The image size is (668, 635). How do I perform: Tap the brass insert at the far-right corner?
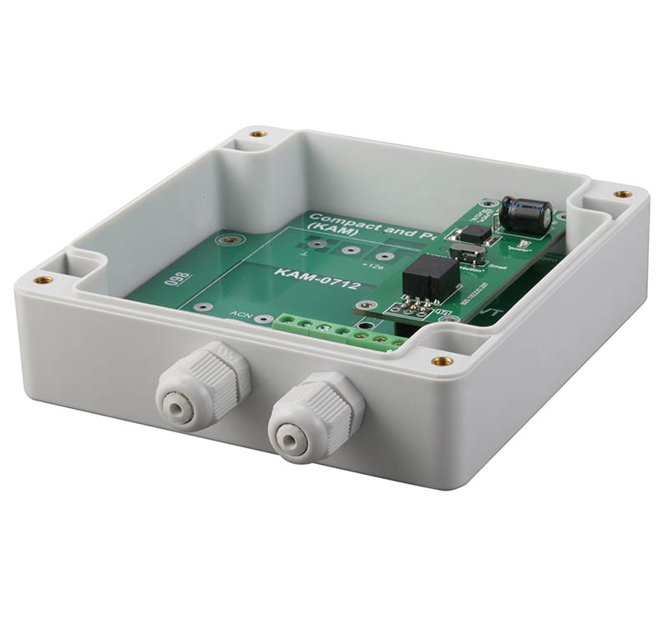(x=621, y=194)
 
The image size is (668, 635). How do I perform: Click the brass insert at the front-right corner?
(x=443, y=361)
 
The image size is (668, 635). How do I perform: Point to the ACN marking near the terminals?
(x=241, y=315)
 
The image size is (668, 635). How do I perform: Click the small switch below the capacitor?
(x=462, y=254)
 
